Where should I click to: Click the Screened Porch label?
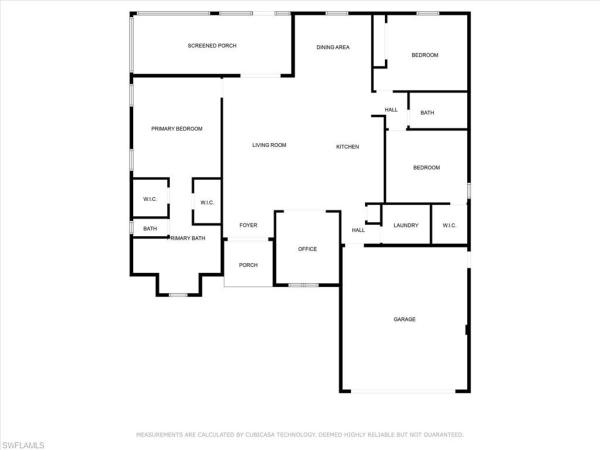pos(212,46)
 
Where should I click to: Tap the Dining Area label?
pos(333,47)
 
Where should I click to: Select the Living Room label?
pos(269,145)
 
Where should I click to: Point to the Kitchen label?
pos(347,147)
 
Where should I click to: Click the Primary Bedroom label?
pos(177,129)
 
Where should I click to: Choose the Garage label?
pos(404,319)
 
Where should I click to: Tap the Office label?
pos(307,249)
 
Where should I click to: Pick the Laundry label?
pos(406,225)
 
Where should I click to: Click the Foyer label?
pos(248,225)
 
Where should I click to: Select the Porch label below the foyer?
pos(248,265)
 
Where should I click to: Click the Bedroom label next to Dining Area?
pos(425,55)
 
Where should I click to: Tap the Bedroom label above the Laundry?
pos(426,168)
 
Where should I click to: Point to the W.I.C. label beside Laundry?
pos(449,225)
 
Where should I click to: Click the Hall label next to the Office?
pos(358,230)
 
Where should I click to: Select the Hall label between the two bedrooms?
pos(391,110)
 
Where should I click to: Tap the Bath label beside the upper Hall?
pos(427,112)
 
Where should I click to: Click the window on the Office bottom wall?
pos(303,285)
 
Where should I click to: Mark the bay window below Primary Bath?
pos(178,295)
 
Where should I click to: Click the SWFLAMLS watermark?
pos(22,445)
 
